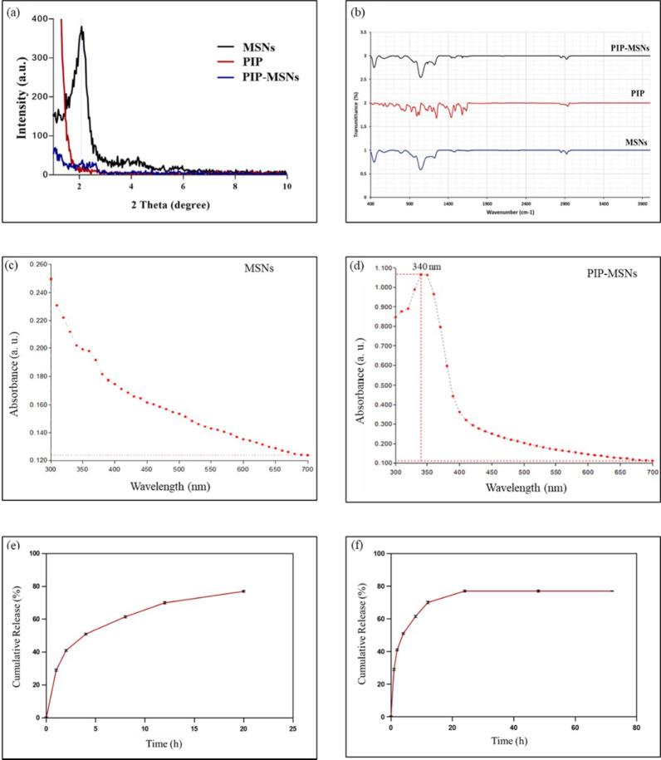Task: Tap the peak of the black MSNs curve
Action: point(81,27)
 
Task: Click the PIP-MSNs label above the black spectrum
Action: point(629,49)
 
